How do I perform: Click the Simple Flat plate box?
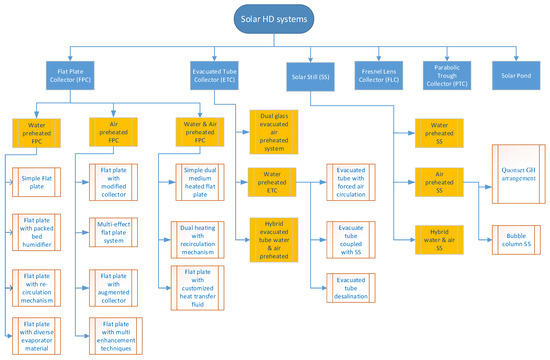37,182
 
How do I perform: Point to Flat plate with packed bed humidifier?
37,236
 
